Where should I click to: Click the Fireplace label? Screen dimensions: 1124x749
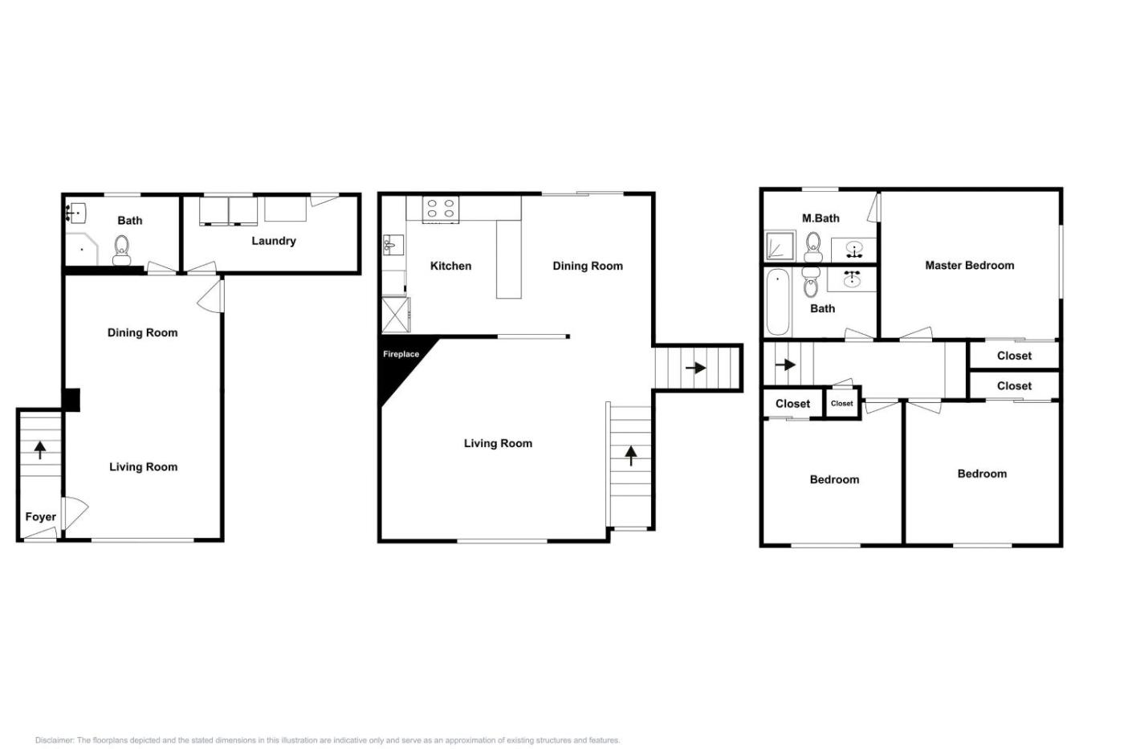click(x=401, y=354)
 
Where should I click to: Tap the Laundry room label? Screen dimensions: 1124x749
click(x=274, y=241)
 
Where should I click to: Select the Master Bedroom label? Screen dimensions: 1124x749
click(x=970, y=266)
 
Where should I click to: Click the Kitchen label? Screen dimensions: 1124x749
click(x=450, y=266)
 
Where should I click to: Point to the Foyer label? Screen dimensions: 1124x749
click(x=41, y=517)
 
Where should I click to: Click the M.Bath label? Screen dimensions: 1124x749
click(x=821, y=218)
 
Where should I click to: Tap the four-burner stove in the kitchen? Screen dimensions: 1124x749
click(x=441, y=210)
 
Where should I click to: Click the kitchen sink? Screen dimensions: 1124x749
click(x=393, y=245)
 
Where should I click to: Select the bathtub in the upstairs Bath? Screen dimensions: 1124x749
click(x=778, y=302)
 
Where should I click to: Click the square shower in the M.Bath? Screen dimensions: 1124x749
click(x=780, y=246)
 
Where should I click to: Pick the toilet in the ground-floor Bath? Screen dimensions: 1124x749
click(x=121, y=250)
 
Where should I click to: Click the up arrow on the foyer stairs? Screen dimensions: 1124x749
click(x=40, y=450)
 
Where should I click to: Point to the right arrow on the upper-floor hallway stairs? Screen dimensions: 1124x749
click(x=785, y=364)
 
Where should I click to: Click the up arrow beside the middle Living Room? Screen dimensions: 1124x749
click(x=631, y=455)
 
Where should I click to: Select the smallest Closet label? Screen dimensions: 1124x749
click(x=841, y=403)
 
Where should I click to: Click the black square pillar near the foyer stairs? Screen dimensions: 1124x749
click(x=71, y=401)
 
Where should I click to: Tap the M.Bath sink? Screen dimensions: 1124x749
click(x=854, y=250)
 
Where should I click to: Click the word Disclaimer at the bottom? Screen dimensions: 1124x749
click(x=55, y=740)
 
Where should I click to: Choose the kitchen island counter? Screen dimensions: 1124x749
click(x=509, y=258)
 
